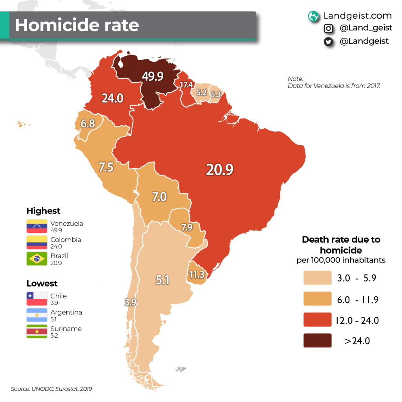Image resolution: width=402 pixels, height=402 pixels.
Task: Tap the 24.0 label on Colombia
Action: coord(113,98)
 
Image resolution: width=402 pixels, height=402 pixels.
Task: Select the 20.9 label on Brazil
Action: coord(220,169)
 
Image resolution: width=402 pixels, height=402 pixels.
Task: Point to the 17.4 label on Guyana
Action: coord(186,85)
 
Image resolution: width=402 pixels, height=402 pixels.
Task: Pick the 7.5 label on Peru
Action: coord(106,167)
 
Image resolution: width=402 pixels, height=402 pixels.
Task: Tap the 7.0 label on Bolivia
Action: coord(159,196)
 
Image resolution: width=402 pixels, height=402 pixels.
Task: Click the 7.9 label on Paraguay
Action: coord(187,227)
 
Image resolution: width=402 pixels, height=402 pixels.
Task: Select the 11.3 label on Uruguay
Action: coord(196,274)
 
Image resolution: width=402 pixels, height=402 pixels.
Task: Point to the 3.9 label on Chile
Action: coord(130,302)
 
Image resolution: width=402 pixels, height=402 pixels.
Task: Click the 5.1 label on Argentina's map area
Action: coord(162,280)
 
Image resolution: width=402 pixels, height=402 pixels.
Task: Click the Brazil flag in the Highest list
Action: coord(37,259)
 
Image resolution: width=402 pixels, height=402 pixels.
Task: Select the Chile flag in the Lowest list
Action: coord(37,299)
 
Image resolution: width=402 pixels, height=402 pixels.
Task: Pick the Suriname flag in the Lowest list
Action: coord(37,332)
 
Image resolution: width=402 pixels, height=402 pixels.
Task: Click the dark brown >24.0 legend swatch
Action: coord(317,341)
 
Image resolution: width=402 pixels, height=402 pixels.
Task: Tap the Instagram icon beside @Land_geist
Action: coord(329,29)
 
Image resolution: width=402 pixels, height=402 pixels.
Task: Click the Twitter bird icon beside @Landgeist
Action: coord(329,42)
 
